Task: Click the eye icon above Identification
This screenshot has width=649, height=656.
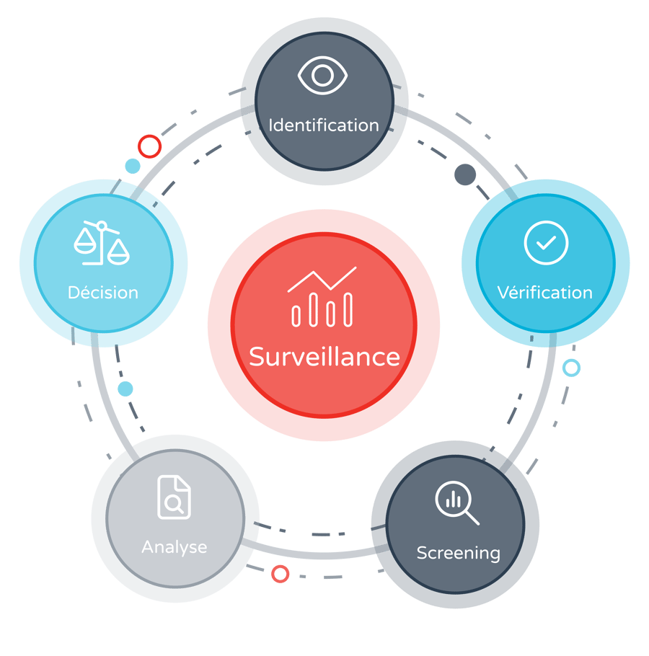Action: (322, 76)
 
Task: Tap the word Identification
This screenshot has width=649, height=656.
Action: (323, 125)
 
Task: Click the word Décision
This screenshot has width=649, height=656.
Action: (103, 293)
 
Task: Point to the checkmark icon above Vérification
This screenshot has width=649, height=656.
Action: (546, 243)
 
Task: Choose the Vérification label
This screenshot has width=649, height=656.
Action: (545, 293)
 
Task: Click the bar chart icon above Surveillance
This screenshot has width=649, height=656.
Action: (322, 297)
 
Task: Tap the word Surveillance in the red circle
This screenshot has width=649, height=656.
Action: (324, 357)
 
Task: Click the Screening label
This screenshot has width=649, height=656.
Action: (459, 553)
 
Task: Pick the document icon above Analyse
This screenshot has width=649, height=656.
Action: (175, 497)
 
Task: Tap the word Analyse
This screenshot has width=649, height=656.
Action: (175, 547)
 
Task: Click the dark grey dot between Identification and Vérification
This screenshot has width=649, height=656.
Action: (465, 174)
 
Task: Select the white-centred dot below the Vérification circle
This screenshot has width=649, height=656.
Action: (571, 368)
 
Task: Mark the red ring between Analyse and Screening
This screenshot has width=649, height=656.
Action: (280, 574)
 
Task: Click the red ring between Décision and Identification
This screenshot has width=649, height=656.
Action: (149, 146)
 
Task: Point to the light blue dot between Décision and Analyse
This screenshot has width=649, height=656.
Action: (125, 389)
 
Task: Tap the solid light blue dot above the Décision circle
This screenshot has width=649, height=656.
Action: (133, 167)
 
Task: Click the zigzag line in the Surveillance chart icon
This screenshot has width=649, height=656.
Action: (322, 278)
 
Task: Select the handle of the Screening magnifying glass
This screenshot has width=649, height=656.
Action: (472, 517)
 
